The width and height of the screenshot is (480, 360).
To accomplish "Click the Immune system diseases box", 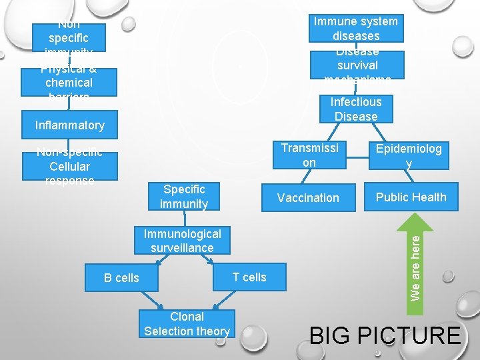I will (x=355, y=29).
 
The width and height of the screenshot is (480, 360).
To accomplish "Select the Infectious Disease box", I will (x=355, y=109).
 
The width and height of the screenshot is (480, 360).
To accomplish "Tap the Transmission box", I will (x=309, y=155).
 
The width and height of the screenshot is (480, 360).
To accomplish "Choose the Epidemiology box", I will (x=408, y=155).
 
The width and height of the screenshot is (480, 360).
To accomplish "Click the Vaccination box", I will (x=308, y=197).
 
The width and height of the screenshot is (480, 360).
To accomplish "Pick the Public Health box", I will (x=411, y=197).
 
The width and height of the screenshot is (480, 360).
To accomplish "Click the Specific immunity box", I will (x=184, y=197).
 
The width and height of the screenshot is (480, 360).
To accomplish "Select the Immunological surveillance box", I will (x=182, y=241).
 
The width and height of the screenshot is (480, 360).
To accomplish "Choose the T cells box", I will (x=249, y=277).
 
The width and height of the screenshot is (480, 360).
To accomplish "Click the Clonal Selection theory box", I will (x=187, y=324).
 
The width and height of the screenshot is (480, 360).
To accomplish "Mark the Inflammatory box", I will (x=69, y=125).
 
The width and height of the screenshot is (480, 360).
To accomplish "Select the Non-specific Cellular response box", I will (x=69, y=166).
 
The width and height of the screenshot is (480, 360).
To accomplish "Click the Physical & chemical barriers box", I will (x=69, y=82).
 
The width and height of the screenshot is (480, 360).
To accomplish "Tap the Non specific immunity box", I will (x=69, y=38).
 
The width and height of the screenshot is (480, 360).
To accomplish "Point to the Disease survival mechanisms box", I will (x=357, y=65).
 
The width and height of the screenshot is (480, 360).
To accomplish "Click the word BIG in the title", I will (x=330, y=335).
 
